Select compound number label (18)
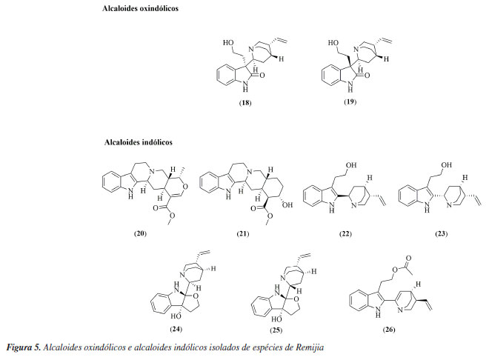[245, 102]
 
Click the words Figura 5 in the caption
[22, 347]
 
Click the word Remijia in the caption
[308, 347]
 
